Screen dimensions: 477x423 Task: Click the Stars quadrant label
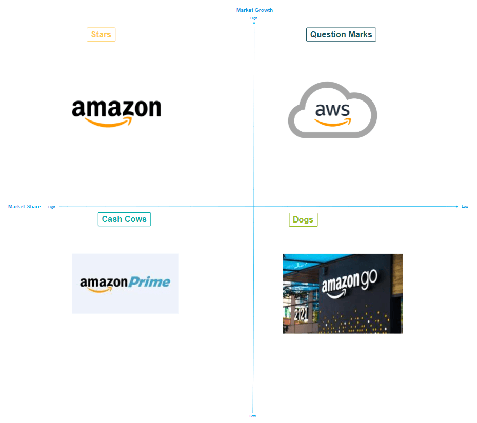[101, 34]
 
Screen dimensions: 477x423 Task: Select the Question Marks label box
[341, 34]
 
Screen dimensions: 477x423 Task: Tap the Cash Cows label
[124, 219]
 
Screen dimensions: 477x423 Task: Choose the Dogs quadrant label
[303, 219]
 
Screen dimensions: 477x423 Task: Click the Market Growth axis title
[254, 10]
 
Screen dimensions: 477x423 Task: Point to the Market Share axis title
[24, 207]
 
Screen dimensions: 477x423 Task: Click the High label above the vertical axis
[254, 18]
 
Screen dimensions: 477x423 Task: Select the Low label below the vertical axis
[253, 416]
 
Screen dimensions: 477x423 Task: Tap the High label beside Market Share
[52, 207]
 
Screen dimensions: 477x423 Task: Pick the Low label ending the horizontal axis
[465, 207]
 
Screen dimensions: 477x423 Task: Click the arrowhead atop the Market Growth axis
[254, 23]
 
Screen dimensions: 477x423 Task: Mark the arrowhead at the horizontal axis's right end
[457, 207]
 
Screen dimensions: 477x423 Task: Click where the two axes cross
[254, 207]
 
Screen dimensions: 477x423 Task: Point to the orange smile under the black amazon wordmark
[109, 123]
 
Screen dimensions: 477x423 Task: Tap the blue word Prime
[149, 282]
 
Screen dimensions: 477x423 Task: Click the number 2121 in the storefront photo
[301, 314]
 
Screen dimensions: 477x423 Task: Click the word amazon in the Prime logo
[104, 283]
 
